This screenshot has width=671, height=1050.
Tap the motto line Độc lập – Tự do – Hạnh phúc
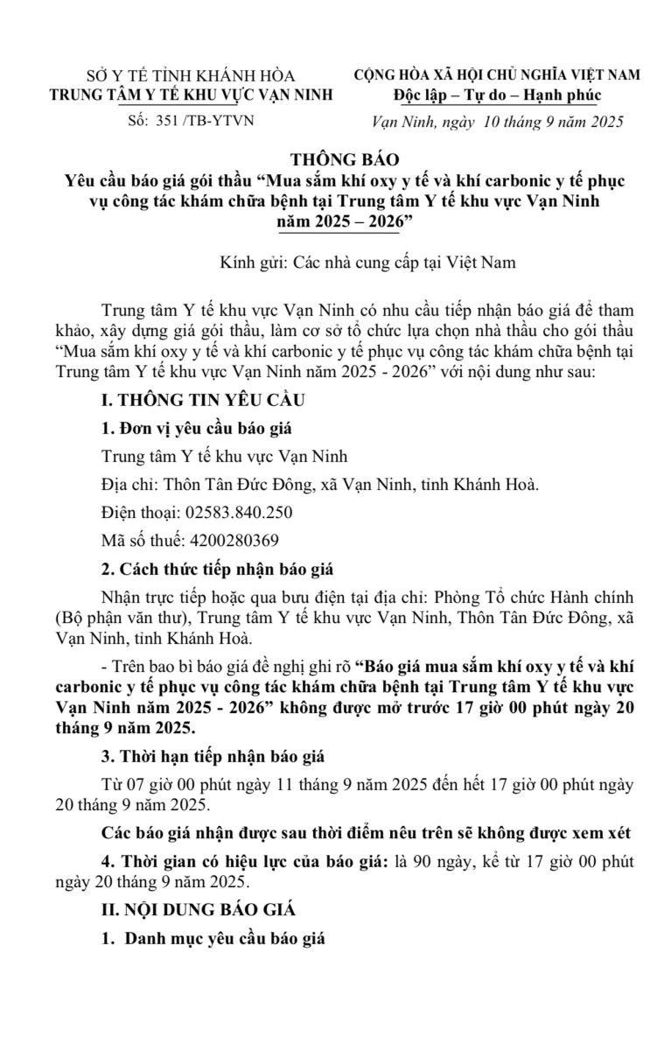pos(497,94)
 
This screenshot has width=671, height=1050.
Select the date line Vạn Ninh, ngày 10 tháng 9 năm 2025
pos(497,122)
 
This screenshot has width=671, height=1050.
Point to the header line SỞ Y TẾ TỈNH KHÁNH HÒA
pos(191,75)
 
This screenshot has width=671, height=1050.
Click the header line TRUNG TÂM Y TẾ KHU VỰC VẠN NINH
pos(191,94)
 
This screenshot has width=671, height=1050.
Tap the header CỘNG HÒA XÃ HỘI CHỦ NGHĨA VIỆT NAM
pos(497,75)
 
